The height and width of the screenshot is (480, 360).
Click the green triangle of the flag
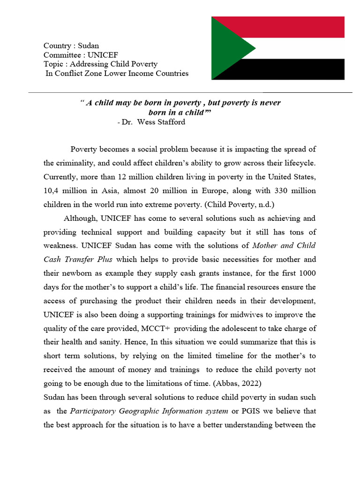tap(227, 48)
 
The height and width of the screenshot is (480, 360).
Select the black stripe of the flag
tap(300, 69)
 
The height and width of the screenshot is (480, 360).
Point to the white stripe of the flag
tap(300, 48)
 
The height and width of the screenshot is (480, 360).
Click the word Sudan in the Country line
tap(89, 46)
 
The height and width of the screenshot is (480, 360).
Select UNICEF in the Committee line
tap(103, 55)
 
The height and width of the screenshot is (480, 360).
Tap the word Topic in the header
tap(53, 64)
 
